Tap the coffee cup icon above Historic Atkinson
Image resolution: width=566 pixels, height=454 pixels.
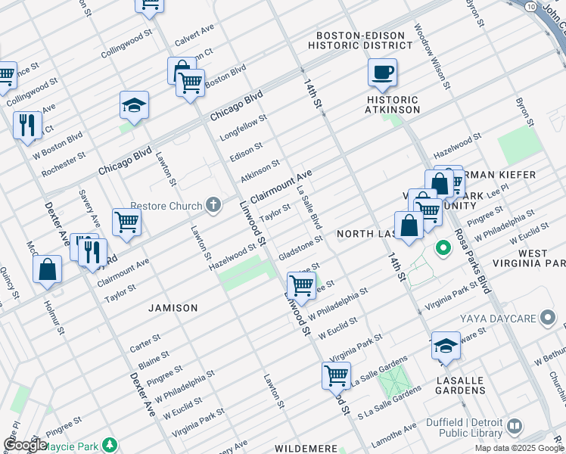click(x=382, y=73)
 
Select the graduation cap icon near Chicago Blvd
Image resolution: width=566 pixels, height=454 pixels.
click(x=134, y=106)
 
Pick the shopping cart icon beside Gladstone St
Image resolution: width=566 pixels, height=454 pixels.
click(x=301, y=285)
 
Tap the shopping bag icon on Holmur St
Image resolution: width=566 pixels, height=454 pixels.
click(x=47, y=269)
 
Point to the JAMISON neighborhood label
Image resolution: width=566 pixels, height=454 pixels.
click(x=173, y=308)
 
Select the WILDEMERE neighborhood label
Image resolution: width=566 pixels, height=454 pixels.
click(x=306, y=449)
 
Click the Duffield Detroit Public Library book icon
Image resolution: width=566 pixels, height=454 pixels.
click(x=515, y=426)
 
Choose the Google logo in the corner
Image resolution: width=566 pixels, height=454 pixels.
click(x=25, y=445)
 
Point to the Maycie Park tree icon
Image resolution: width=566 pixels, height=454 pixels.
click(x=110, y=444)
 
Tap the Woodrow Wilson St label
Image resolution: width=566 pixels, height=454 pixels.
click(x=431, y=57)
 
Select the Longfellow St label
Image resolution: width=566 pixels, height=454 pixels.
click(x=244, y=127)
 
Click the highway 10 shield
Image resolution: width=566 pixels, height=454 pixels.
click(x=532, y=5)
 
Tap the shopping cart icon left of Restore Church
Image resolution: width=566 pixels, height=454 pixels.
click(x=126, y=222)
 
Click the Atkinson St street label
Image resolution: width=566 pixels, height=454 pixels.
click(x=260, y=170)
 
